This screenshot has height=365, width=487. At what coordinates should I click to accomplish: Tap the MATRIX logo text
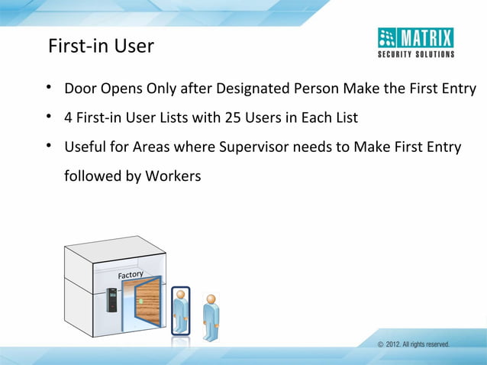[x=426, y=37]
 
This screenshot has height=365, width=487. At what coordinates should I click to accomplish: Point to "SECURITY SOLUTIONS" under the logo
[x=416, y=54]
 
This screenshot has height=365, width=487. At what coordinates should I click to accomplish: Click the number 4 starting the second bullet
[x=69, y=118]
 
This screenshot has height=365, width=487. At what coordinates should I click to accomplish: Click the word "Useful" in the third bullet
[x=85, y=147]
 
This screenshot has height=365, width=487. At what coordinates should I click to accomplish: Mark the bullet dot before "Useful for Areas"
[x=48, y=146]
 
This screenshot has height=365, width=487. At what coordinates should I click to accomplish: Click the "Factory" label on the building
[x=131, y=273]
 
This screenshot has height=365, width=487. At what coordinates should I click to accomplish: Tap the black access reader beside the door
[x=111, y=302]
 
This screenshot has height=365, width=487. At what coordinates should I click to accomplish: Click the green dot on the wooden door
[x=141, y=300]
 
